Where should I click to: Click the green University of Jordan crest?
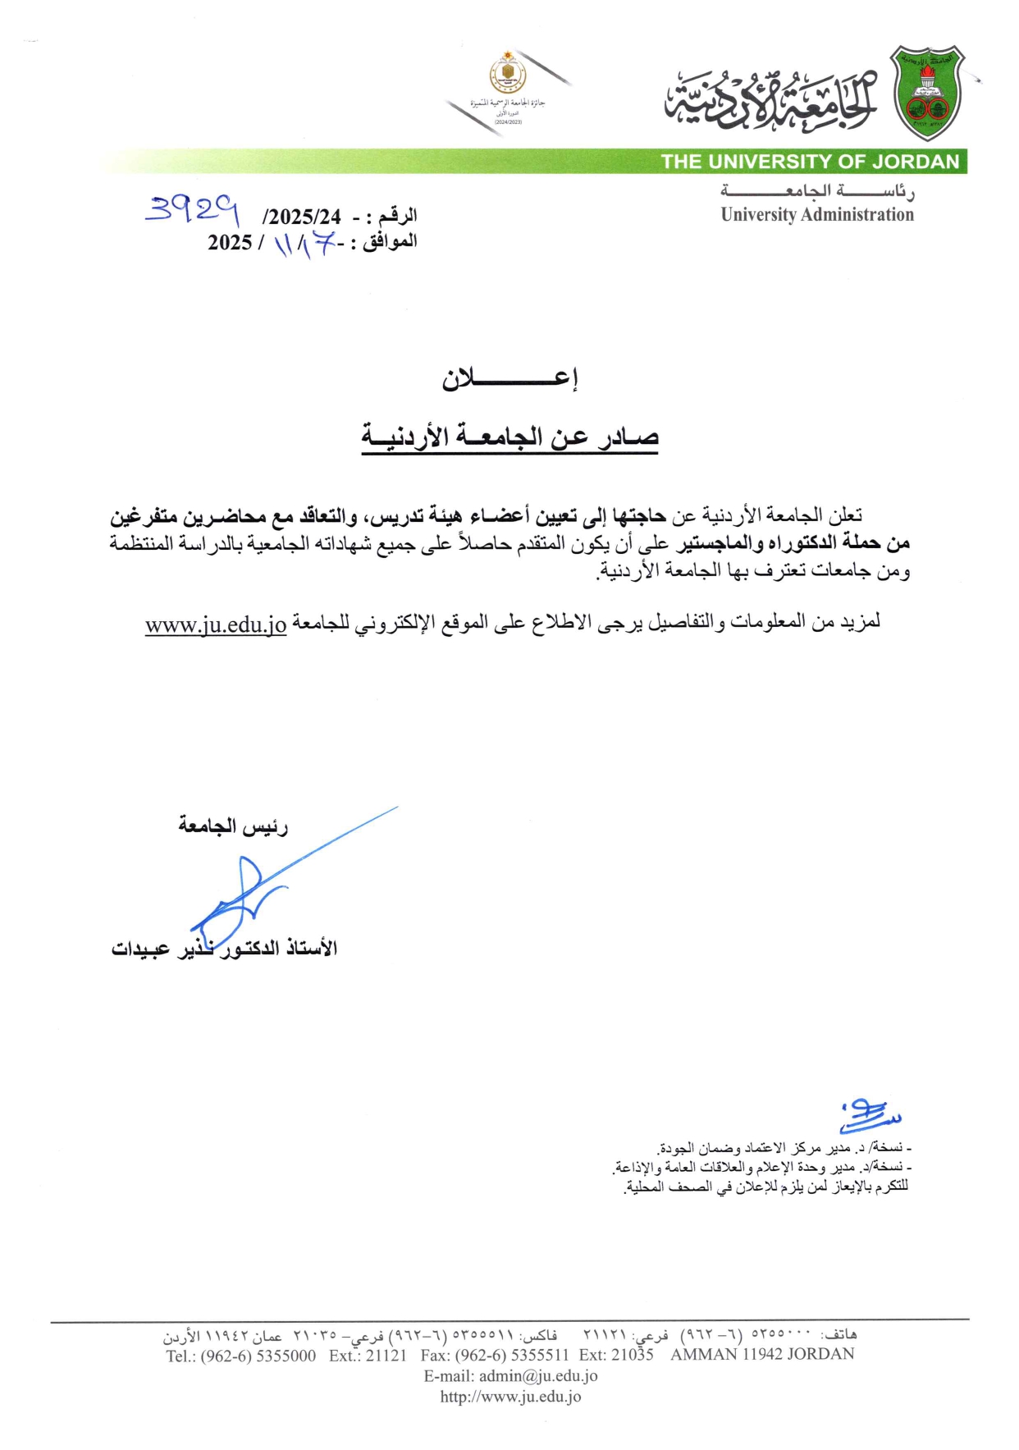click(927, 93)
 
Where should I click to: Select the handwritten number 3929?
click(192, 211)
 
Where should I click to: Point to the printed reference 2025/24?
click(303, 217)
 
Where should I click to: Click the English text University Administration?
click(817, 215)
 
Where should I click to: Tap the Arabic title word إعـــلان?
click(510, 379)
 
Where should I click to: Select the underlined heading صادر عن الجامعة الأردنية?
click(510, 437)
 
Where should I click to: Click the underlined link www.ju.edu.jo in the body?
click(216, 624)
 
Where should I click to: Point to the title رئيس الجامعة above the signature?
click(233, 826)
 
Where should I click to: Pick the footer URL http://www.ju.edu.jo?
click(510, 1397)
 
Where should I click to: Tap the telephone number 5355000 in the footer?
click(286, 1356)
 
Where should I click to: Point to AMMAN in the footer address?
click(703, 1355)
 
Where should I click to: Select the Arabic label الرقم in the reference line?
click(398, 216)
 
